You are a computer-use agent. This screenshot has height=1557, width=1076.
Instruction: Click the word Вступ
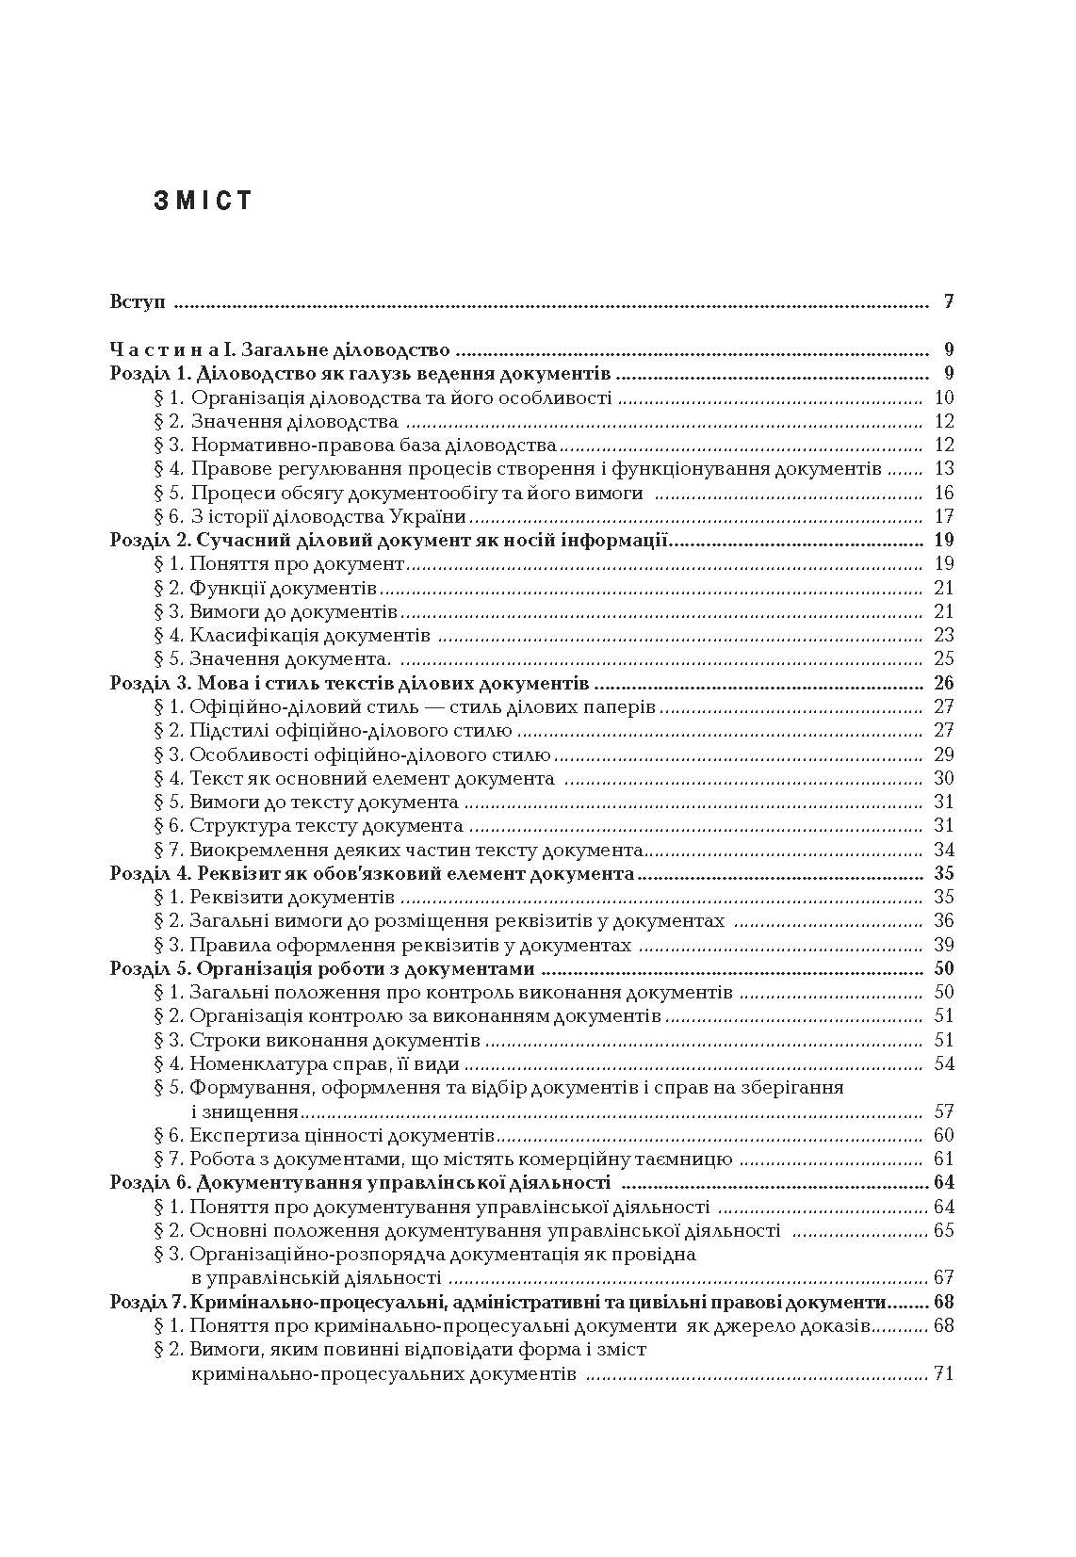pos(139,302)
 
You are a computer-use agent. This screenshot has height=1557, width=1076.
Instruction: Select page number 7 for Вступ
pos(949,302)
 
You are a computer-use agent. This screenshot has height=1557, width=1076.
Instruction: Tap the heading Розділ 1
pos(361,374)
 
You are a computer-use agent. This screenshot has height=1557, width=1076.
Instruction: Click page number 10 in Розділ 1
pos(943,397)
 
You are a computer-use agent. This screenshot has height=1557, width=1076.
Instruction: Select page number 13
pos(943,469)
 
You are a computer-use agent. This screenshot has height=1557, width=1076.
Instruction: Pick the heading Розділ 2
pos(389,540)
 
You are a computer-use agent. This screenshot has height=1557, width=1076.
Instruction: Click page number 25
pos(943,658)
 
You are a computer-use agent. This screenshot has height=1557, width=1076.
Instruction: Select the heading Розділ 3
pos(350,683)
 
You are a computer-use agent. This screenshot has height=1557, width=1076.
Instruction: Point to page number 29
pos(943,754)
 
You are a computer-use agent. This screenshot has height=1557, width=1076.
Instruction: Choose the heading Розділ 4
pos(372,873)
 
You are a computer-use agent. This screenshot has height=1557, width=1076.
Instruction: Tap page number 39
pos(943,945)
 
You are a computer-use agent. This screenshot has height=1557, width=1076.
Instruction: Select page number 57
pos(943,1111)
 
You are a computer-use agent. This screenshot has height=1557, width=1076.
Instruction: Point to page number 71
pos(943,1373)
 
